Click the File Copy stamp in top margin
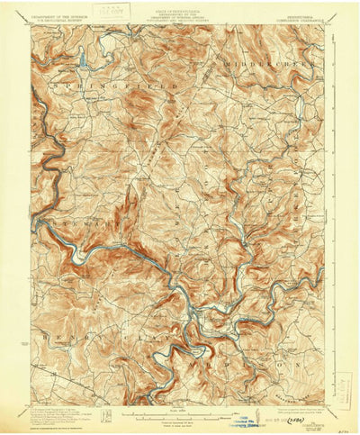click(x=110, y=13)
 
